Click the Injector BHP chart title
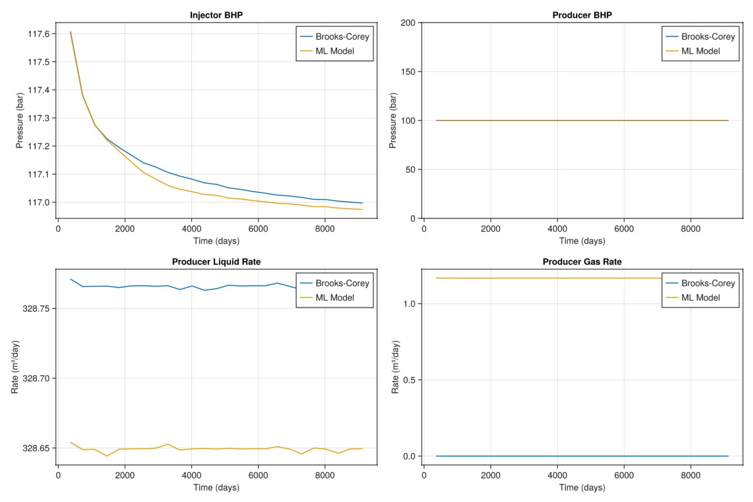216,15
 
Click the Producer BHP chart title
582,15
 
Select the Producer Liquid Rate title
216,262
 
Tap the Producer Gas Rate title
582,262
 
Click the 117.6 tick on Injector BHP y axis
38,34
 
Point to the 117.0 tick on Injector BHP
38,202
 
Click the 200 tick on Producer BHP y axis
408,23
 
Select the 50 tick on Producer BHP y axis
410,169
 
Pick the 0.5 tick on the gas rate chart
408,380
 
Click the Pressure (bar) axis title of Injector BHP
21,120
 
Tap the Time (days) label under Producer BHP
582,241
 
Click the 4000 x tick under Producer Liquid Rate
191,476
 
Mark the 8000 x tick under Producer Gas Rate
690,476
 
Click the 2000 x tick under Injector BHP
125,229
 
